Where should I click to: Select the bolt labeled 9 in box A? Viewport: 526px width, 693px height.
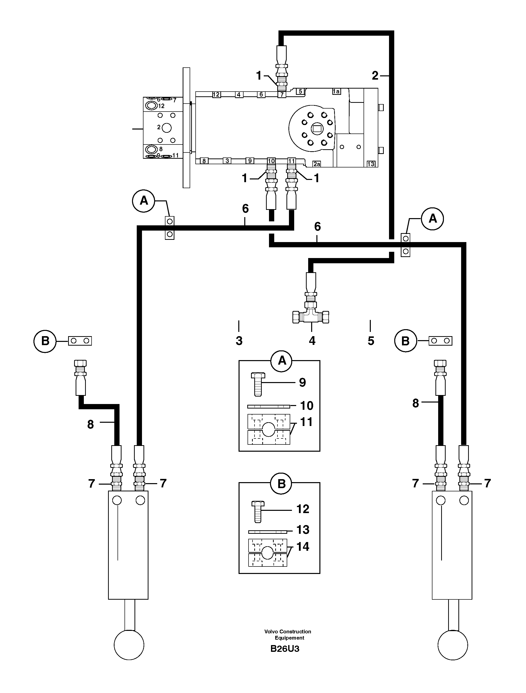pyautogui.click(x=258, y=384)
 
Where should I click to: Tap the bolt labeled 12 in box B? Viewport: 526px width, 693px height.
pyautogui.click(x=258, y=511)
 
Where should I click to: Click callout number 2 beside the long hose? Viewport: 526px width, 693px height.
pyautogui.click(x=375, y=76)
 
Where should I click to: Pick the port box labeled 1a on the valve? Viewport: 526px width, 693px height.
pyautogui.click(x=336, y=92)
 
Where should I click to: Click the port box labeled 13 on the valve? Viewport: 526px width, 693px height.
pyautogui.click(x=371, y=164)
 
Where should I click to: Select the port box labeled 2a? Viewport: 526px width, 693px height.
pyautogui.click(x=317, y=164)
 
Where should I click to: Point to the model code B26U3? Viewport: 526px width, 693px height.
pyautogui.click(x=285, y=649)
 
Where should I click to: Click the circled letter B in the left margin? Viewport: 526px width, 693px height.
pyautogui.click(x=45, y=341)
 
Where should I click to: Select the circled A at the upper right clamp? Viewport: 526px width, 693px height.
pyautogui.click(x=433, y=218)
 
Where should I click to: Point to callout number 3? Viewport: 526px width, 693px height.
pyautogui.click(x=239, y=341)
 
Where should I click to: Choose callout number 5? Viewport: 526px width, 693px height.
pyautogui.click(x=371, y=341)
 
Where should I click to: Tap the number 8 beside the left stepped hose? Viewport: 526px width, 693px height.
pyautogui.click(x=91, y=424)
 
